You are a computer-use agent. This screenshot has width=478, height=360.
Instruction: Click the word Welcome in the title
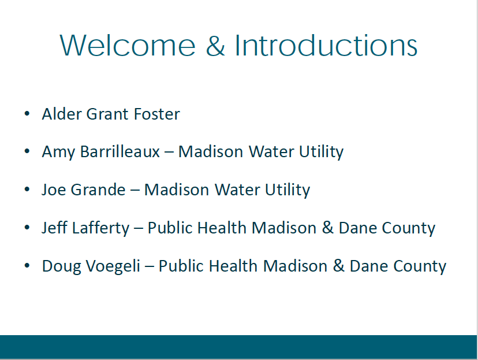[x=128, y=46]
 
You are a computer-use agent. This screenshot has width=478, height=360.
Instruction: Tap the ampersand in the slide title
[x=215, y=46]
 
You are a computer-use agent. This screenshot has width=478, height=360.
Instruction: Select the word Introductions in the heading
[x=326, y=46]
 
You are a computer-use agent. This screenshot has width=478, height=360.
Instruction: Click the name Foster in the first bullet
[x=157, y=114]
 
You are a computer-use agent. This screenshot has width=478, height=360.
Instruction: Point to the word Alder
[x=62, y=114]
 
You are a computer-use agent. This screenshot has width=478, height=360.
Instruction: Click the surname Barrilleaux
[x=120, y=151]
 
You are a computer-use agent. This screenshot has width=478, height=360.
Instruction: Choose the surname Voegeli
[x=113, y=266]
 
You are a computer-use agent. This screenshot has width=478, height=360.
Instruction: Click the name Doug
[x=62, y=266]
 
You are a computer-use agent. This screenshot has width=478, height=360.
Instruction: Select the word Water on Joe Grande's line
[x=237, y=190]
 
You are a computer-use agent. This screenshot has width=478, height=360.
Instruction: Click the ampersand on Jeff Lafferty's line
[x=328, y=228]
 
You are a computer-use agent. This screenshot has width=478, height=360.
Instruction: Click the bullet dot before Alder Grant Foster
[x=27, y=114]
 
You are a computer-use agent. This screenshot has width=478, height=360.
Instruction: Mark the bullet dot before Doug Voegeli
[x=27, y=266]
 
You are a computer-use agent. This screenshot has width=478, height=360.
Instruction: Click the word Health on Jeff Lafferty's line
[x=222, y=228]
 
